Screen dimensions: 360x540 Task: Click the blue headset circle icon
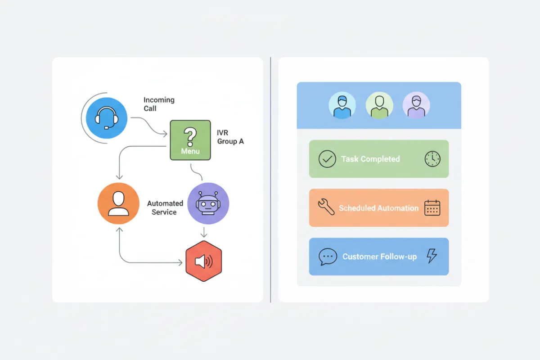point(107,118)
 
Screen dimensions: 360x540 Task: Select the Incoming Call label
point(159,104)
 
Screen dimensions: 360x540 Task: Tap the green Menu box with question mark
point(190,140)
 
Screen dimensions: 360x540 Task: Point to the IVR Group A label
point(230,137)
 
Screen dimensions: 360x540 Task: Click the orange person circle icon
point(118,203)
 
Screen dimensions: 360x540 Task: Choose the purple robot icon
point(208,203)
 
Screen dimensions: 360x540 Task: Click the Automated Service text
point(165,208)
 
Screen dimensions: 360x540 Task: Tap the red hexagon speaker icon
point(204,261)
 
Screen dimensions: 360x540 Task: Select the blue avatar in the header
point(342,106)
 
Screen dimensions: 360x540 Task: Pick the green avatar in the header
point(379,106)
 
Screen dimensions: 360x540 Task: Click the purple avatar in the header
point(416,106)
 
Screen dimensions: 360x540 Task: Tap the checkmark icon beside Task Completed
point(327,159)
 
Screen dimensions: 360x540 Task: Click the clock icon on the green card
point(432,159)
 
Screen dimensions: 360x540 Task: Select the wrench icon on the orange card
point(326,207)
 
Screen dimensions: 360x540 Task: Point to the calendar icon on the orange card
point(432,207)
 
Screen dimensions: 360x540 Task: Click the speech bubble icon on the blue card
point(328,256)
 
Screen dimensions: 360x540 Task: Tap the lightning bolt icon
point(432,256)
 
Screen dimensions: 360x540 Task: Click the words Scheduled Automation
point(378,208)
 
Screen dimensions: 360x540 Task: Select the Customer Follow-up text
point(379,256)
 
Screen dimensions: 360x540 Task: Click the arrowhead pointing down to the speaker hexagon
point(204,235)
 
